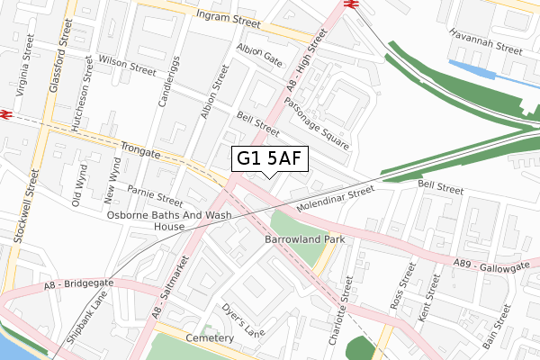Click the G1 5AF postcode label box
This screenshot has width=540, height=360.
click(270, 159)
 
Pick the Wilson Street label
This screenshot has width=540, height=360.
click(129, 66)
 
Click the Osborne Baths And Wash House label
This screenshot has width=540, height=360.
click(169, 221)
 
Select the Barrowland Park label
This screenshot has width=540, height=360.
click(305, 241)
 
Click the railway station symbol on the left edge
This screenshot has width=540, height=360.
click(5, 114)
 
